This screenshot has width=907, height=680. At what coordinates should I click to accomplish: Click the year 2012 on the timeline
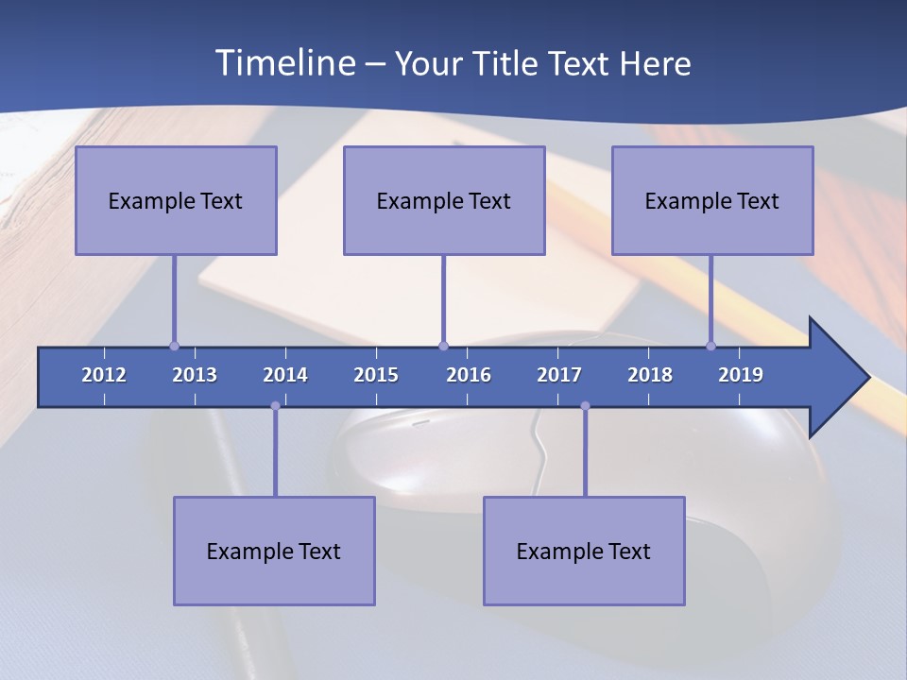click(x=104, y=375)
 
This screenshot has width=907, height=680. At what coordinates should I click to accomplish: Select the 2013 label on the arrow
click(x=195, y=375)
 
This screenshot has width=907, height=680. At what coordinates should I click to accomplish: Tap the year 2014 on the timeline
click(x=285, y=375)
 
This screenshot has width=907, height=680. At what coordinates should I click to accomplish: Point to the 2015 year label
click(x=376, y=375)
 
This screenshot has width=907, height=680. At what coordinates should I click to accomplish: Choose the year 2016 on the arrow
click(x=469, y=375)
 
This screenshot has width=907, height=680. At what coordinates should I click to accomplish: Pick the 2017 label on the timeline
click(x=559, y=375)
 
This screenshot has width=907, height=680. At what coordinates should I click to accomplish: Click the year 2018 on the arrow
click(x=650, y=375)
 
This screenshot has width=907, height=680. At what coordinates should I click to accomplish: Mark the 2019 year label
click(x=741, y=375)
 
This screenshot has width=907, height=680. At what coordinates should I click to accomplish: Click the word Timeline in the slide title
click(x=282, y=63)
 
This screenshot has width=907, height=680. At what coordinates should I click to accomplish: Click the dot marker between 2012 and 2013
click(x=174, y=346)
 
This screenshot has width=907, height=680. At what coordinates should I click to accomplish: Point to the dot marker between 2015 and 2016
click(x=443, y=346)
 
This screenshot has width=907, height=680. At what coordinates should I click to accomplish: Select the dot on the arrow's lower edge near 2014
click(x=275, y=406)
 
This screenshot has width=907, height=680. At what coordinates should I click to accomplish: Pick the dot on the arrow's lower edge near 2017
click(x=585, y=406)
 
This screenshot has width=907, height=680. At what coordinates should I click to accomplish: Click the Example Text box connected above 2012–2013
click(x=176, y=200)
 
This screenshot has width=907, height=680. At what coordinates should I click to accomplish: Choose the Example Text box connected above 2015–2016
click(x=444, y=200)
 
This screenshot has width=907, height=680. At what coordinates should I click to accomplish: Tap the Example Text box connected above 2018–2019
click(x=712, y=200)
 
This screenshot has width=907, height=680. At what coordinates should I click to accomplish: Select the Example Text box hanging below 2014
click(x=274, y=551)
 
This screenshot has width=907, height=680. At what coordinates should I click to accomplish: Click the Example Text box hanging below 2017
click(x=584, y=551)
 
